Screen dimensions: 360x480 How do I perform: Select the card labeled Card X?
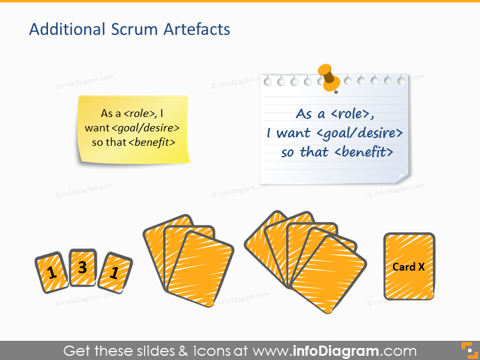click(409, 266)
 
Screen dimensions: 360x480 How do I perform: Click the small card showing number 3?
click(83, 268)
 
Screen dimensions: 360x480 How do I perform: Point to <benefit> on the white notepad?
click(364, 152)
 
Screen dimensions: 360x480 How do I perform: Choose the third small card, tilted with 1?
click(114, 272)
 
